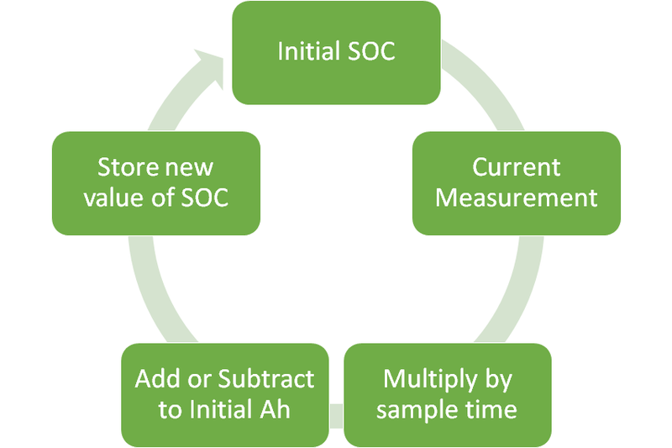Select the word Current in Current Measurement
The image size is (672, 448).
click(x=516, y=166)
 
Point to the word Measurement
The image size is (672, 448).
click(x=516, y=198)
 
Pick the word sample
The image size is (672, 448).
click(x=413, y=410)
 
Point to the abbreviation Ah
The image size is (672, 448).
click(x=286, y=410)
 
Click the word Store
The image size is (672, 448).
click(x=127, y=166)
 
